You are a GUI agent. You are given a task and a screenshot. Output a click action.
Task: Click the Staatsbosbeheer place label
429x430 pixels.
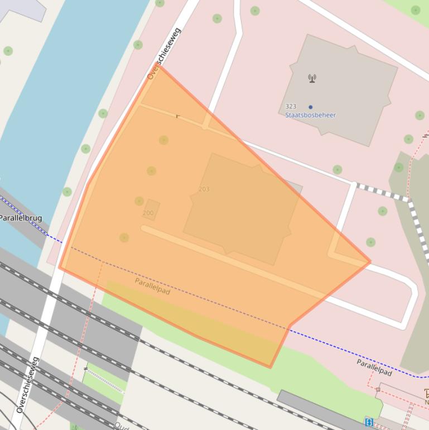pos(310,115)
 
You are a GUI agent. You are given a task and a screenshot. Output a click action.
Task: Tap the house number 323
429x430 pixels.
pos(291,106)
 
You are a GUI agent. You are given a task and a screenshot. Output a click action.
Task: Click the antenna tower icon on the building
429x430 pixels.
pos(312,78)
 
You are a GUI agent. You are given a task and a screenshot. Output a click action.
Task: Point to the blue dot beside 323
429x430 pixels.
pos(310,107)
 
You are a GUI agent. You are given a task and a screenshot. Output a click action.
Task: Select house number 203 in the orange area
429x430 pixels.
pos(204,189)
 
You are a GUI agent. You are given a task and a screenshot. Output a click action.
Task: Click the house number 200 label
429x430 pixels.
pos(148,213)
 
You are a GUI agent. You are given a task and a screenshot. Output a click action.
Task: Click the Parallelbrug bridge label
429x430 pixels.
pos(21,218)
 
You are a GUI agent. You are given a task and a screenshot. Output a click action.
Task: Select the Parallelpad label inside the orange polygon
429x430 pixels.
pos(152,286)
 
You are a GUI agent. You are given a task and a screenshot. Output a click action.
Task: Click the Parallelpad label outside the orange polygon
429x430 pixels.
pos(374,367)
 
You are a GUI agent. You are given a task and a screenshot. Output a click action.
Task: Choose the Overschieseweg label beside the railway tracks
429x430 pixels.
pos(27,385)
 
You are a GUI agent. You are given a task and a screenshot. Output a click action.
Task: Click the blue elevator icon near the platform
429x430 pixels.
pos(369,422)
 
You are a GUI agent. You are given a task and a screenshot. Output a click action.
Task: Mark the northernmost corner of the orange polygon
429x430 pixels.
pos(161,66)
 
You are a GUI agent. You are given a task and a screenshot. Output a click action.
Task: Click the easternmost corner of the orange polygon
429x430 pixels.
pos(370,261)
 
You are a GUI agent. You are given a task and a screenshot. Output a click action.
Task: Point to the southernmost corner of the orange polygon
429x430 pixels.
pos(271,367)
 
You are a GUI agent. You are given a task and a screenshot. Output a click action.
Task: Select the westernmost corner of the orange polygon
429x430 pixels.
pos(60,268)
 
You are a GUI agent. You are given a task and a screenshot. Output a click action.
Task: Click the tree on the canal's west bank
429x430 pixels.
pos(8,51)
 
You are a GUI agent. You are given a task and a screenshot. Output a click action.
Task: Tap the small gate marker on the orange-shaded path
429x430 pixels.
pos(178,116)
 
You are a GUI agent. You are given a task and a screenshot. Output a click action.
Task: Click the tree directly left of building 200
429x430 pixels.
pos(139,201)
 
